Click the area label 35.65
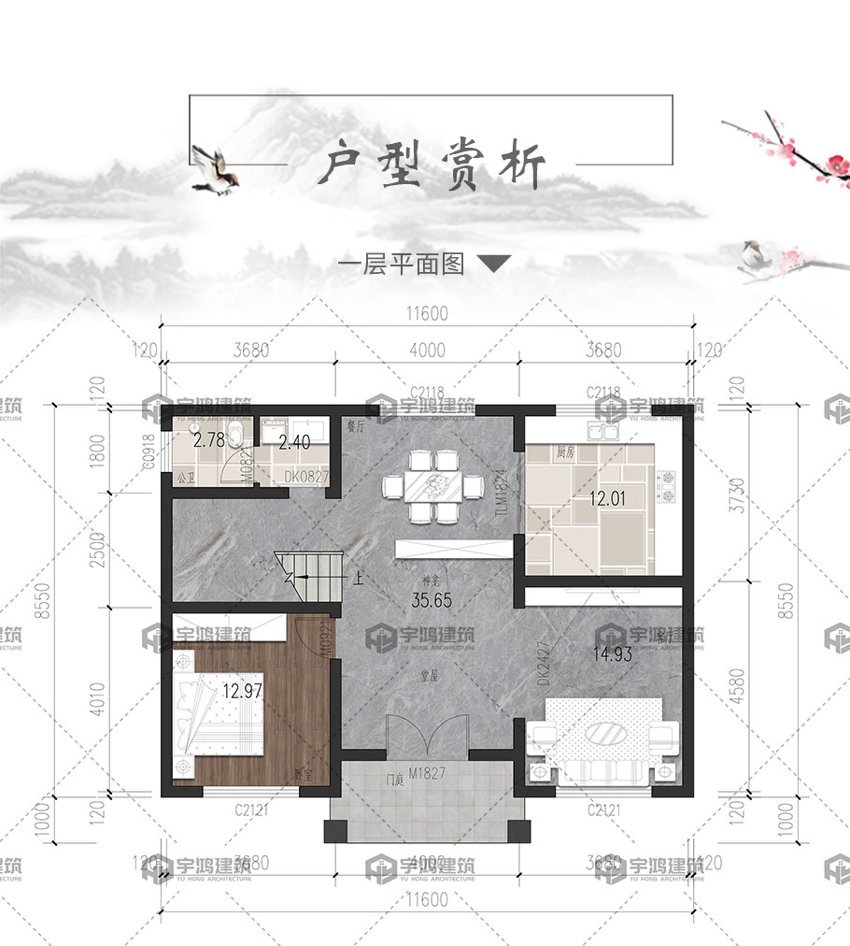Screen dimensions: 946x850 432,601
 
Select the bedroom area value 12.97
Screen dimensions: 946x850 241,693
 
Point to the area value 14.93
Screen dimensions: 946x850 613,654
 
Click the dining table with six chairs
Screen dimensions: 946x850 432,487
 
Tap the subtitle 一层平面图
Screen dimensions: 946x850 401,265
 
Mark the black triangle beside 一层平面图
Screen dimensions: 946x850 494,265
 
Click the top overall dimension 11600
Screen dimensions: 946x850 427,315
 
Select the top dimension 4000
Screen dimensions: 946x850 427,351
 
